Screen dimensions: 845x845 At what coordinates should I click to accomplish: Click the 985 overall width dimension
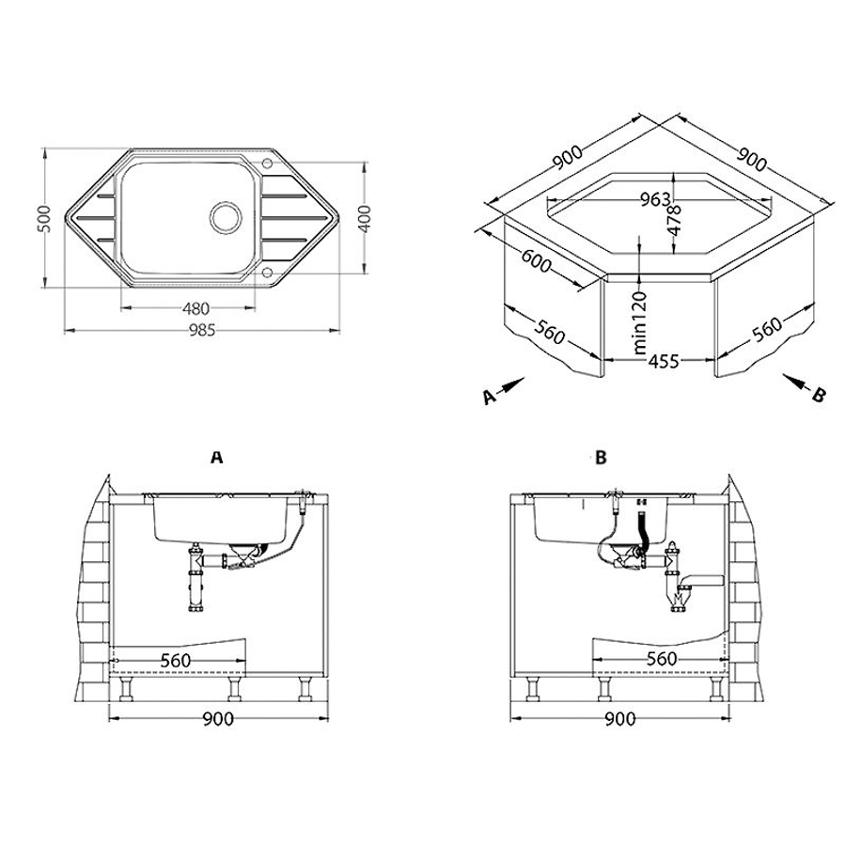(x=202, y=330)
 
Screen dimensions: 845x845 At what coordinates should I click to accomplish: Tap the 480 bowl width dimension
(x=196, y=309)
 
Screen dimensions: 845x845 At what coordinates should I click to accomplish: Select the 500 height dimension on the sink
(x=46, y=218)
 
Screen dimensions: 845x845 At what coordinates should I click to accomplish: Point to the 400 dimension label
(x=365, y=218)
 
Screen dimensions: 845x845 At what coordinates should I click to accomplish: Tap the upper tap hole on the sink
(x=267, y=163)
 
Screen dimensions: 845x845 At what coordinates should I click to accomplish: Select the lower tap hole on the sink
(x=267, y=274)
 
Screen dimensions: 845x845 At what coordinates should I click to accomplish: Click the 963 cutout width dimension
(x=655, y=199)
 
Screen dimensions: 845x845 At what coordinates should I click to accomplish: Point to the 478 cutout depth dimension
(x=674, y=219)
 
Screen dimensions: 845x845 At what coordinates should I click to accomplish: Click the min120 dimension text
(x=640, y=322)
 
